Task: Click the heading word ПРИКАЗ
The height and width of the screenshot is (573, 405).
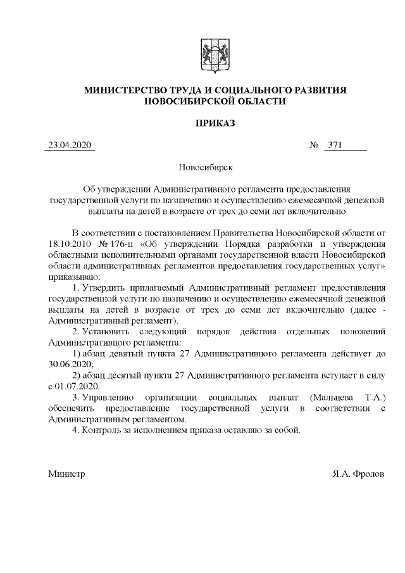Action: [215, 123]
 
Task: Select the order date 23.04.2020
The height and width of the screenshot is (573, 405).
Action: [70, 146]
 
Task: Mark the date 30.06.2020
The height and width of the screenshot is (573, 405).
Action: [69, 365]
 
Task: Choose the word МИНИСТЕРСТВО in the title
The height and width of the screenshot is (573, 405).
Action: [126, 91]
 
